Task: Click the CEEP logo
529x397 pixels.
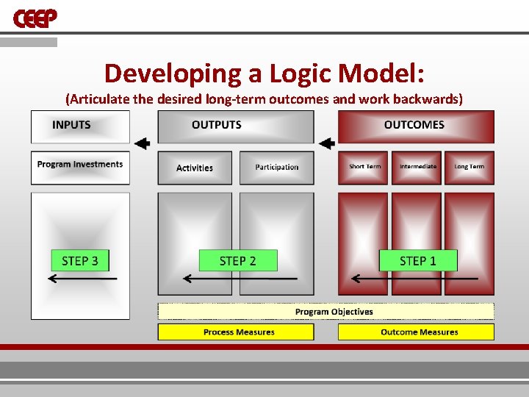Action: tap(35, 18)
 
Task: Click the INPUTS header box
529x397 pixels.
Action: tap(80, 126)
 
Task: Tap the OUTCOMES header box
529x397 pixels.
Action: tap(416, 126)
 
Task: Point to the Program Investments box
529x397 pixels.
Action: tap(80, 167)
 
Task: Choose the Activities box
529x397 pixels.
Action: tap(195, 168)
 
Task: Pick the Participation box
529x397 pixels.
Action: tap(277, 168)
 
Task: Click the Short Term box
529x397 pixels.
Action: tap(364, 168)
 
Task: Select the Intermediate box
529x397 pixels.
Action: tap(417, 168)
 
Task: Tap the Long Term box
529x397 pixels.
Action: tap(469, 168)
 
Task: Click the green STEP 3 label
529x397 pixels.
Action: tap(80, 260)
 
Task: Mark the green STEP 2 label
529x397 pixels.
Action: tap(238, 260)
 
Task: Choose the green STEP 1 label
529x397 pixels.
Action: tap(417, 260)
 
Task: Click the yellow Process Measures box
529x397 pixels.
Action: tap(236, 332)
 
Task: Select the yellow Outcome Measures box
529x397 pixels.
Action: tap(416, 332)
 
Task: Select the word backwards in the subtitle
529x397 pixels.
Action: tap(429, 99)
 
